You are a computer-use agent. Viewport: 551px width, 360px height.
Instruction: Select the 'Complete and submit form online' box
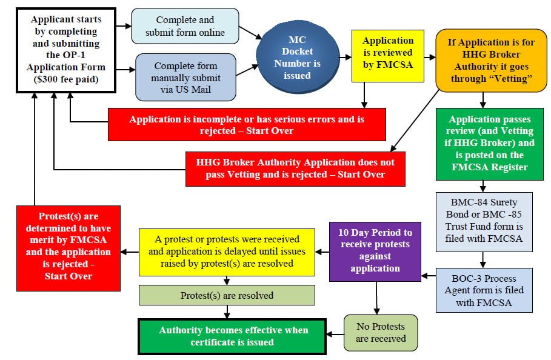[x=182, y=27]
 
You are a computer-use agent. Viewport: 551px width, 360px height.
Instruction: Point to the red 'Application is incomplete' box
[x=247, y=125]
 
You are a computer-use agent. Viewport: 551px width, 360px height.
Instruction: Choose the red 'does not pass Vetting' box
[x=295, y=168]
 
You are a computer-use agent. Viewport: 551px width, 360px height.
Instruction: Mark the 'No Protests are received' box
[x=381, y=333]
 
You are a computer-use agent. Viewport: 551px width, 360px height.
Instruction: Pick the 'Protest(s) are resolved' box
[x=227, y=295]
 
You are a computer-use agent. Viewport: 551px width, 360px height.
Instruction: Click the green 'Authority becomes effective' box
[x=233, y=336]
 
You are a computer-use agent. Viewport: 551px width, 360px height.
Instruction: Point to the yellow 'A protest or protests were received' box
[x=227, y=252]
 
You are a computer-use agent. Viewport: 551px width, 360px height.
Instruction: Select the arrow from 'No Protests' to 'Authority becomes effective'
[x=335, y=333]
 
